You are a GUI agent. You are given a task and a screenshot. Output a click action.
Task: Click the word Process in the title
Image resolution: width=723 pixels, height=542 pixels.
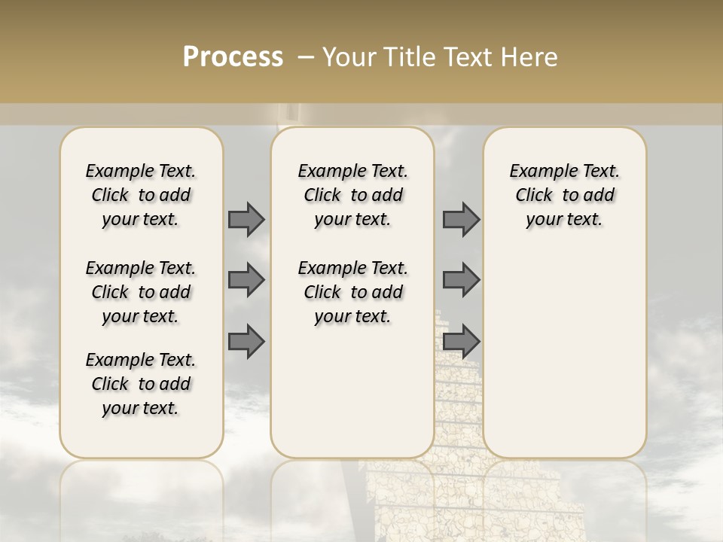coord(233,57)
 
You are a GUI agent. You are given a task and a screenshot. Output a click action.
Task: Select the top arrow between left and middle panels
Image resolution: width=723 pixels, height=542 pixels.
coord(246,219)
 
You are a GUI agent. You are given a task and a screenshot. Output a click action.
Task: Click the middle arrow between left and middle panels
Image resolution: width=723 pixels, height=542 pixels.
coord(246,280)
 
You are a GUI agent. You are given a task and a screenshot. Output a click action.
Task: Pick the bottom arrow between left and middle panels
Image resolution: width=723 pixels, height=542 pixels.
coord(246,342)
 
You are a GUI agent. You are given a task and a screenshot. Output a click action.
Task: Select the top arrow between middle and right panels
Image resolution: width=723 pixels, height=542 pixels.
coord(461,219)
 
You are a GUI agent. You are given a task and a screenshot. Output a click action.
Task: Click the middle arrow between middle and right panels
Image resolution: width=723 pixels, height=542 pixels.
coord(461,280)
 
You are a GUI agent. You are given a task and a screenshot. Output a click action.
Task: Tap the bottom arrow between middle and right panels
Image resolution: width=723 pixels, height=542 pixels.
coord(461,342)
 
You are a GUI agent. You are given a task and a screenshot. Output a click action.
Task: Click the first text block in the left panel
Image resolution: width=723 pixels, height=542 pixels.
coord(141,195)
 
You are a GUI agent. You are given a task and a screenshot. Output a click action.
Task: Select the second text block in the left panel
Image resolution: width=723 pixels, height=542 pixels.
coord(141,292)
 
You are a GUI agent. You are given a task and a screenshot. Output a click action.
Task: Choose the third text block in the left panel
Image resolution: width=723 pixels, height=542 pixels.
coord(141,384)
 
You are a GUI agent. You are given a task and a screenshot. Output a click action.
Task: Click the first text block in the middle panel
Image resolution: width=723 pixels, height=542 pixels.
coord(352,195)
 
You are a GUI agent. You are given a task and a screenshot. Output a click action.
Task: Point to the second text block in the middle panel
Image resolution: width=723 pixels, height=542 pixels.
coord(352,292)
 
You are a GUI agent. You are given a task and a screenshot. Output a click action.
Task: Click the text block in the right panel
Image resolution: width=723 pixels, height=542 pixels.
coord(565,195)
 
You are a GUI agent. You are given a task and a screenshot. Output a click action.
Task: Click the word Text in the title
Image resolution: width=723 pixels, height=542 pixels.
coord(469,57)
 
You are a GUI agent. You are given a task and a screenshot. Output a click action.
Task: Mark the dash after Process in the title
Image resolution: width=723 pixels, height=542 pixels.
coord(306,57)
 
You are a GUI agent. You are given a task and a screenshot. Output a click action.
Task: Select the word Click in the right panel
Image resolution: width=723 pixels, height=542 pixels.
coord(534,195)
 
